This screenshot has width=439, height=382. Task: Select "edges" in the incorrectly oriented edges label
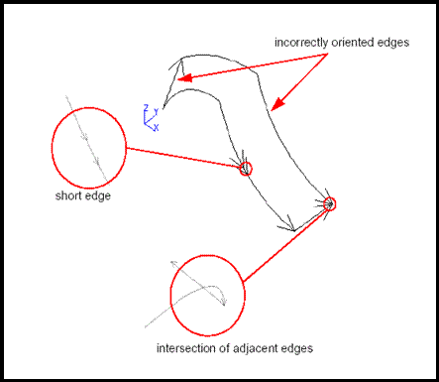400,44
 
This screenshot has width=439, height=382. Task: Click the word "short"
68,195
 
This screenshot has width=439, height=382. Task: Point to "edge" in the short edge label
97,195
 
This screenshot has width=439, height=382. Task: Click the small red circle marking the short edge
247,170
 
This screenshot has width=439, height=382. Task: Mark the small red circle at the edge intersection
330,204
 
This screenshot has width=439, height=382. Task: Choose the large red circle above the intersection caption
207,295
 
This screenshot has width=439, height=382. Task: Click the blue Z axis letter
146,106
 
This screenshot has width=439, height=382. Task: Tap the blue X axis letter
156,127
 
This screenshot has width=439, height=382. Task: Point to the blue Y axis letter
156,112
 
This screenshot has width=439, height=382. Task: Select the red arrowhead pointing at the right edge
276,104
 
